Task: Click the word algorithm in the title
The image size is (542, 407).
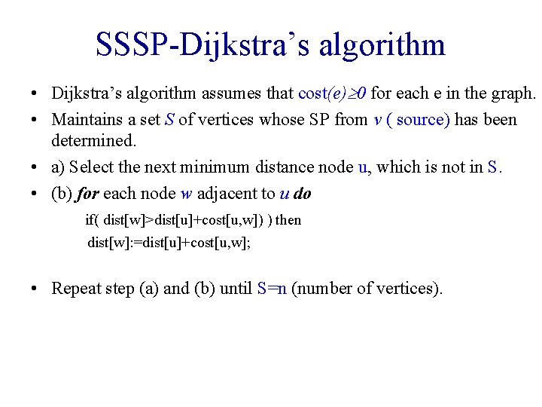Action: point(382,45)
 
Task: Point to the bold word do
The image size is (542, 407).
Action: point(302,194)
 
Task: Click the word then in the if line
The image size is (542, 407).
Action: point(288,220)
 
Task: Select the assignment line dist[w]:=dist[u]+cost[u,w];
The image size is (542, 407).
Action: point(169,243)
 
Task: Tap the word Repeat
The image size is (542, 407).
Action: point(75,288)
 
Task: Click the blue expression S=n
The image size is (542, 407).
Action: point(272,288)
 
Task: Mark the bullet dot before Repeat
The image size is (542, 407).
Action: point(35,289)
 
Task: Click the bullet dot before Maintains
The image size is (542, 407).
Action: point(35,121)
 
